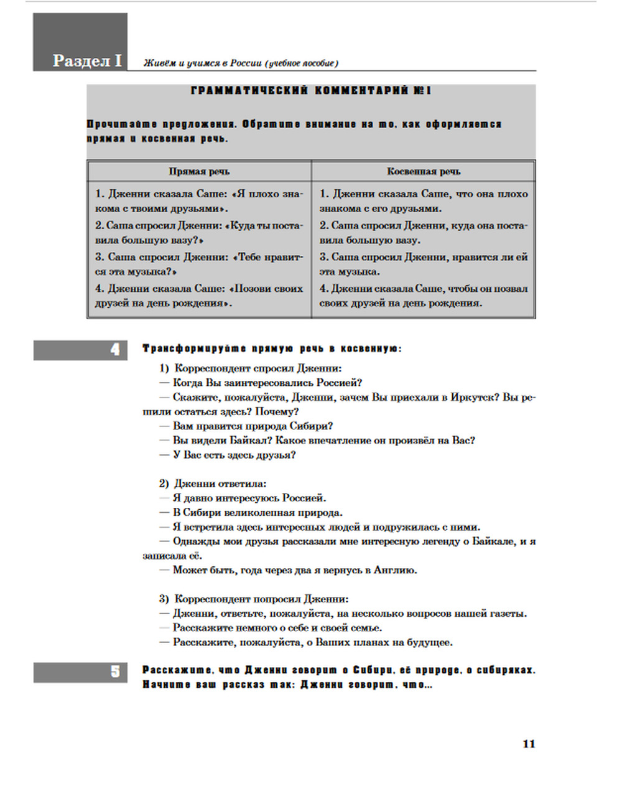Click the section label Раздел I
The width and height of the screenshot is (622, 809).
point(87,60)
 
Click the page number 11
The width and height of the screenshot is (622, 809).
point(529,744)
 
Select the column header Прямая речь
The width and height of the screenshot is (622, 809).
point(199,171)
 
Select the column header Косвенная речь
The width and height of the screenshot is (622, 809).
point(424,171)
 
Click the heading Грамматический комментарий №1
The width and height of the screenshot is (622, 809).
point(311,91)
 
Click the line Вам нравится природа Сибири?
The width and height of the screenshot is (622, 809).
point(253,426)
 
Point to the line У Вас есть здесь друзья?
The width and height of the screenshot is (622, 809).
point(234,455)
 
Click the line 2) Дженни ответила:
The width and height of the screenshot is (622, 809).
point(213,484)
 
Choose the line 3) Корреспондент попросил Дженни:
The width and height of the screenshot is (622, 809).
point(254,599)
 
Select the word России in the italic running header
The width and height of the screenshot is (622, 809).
point(245,63)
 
